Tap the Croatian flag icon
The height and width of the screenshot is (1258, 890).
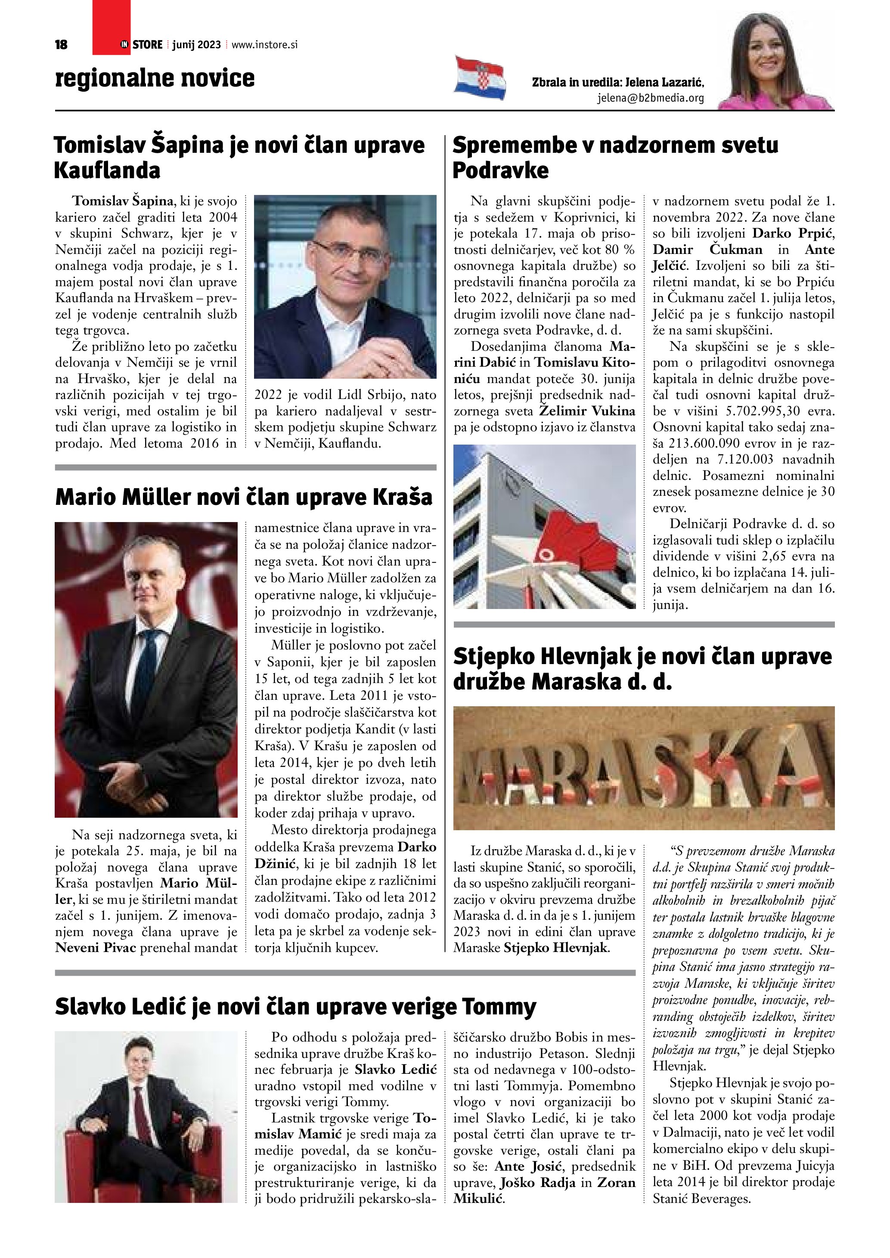click(480, 78)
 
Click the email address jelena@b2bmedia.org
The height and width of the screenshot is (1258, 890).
click(650, 99)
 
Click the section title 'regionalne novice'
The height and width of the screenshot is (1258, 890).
click(155, 78)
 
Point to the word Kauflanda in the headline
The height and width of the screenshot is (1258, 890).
click(107, 170)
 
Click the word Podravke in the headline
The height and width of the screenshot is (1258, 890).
click(500, 170)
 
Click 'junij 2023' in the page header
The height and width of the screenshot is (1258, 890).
click(196, 45)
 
